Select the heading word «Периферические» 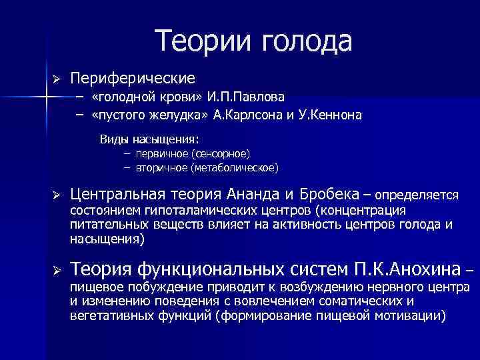click(133, 79)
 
